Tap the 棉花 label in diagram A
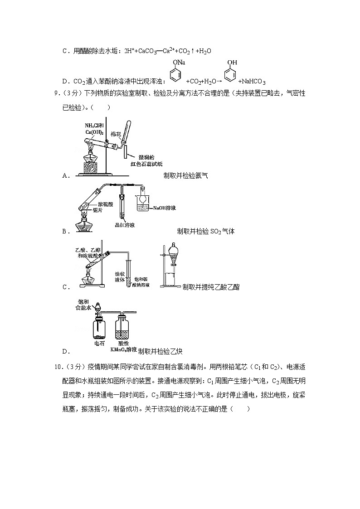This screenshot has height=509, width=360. pyautogui.click(x=116, y=135)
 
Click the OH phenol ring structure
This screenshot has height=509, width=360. pyautogui.click(x=230, y=73)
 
